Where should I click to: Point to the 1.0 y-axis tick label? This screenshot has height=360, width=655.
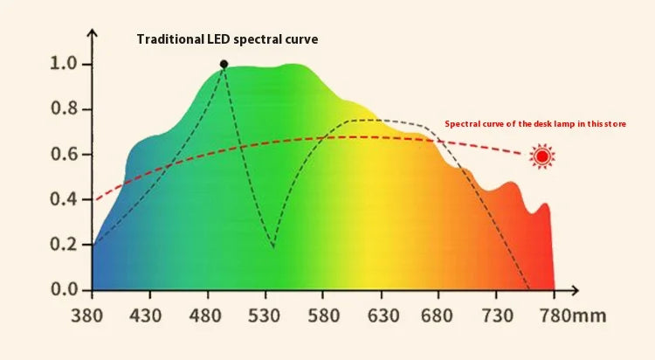65,64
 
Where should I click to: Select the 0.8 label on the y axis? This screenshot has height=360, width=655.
65,109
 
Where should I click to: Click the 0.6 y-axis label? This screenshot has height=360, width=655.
65,155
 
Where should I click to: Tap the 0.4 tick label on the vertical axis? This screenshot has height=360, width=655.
65,199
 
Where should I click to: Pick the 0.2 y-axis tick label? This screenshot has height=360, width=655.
65,244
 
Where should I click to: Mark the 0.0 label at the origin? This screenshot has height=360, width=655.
65,289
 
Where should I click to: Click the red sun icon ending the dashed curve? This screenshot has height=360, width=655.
542,157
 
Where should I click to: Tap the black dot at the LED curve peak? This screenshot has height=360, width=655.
224,64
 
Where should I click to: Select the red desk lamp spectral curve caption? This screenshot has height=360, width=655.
535,124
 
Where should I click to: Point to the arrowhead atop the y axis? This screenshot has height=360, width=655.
93,34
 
